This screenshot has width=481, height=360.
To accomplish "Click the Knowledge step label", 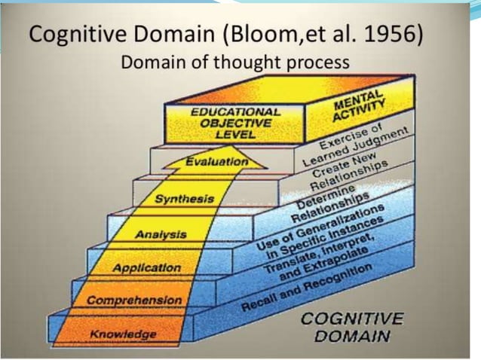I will pos(123,334).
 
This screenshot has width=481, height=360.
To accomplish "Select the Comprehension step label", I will pos(134,301).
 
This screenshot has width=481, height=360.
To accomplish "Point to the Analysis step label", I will pos(161,235).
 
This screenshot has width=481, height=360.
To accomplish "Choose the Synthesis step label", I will pos(184,200).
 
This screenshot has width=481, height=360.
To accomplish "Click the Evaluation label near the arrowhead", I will pos(216,161).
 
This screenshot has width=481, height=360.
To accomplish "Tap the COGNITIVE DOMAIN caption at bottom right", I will pos(344,326).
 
